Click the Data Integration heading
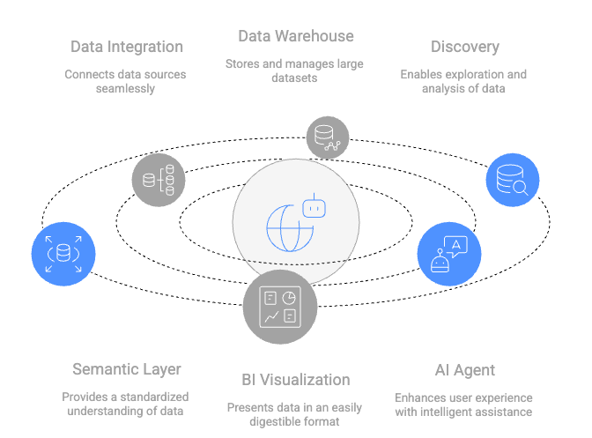click(127, 47)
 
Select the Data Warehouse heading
click(296, 36)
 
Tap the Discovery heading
click(464, 47)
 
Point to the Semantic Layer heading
click(126, 369)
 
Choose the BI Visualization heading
click(296, 380)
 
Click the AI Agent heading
click(464, 369)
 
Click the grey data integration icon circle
click(159, 180)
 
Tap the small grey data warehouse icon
click(328, 137)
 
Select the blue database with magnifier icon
click(513, 180)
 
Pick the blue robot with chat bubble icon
click(449, 254)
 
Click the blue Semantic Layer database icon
click(63, 254)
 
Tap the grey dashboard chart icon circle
click(280, 306)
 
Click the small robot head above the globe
click(314, 208)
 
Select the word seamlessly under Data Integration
click(125, 89)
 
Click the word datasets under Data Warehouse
click(295, 78)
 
